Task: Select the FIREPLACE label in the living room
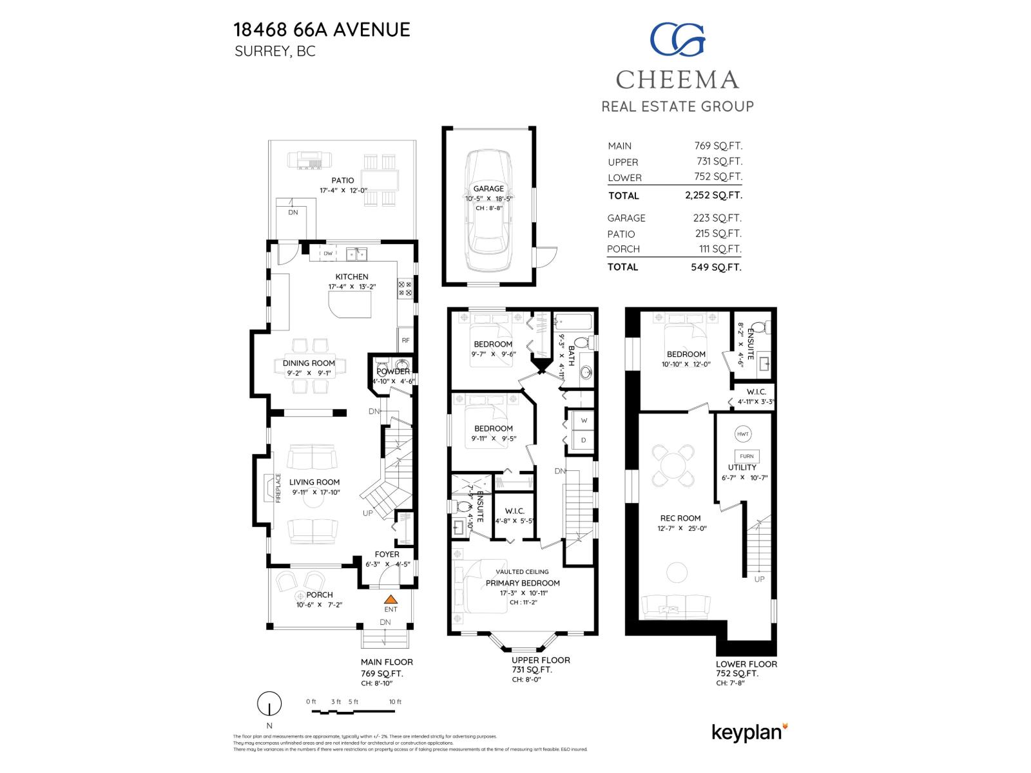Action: pos(279,488)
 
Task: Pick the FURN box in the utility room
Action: pos(746,456)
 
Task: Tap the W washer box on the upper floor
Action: pos(584,420)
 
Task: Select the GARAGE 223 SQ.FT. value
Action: pos(717,218)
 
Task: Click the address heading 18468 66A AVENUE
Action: pos(322,30)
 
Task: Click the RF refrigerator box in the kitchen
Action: pos(405,340)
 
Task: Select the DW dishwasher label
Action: pos(328,254)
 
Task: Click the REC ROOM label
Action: pos(680,518)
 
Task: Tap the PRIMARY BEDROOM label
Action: pos(523,583)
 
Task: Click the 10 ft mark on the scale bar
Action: pos(394,701)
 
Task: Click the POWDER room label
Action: pos(393,372)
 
